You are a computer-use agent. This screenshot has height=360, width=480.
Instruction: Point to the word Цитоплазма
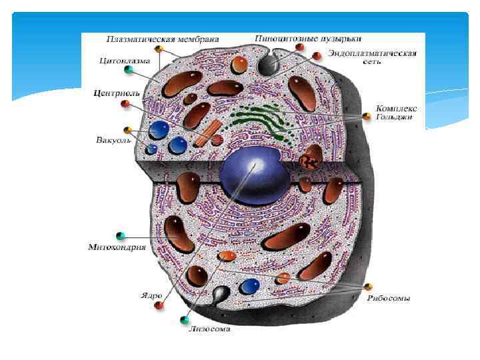click(x=124, y=60)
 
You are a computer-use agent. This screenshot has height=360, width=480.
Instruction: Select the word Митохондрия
click(x=117, y=247)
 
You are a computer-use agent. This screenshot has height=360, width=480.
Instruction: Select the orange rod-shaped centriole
click(x=207, y=133)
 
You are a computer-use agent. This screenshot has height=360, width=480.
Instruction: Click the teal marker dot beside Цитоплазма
click(x=128, y=70)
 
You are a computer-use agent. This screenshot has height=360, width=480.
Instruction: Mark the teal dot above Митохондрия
click(x=121, y=235)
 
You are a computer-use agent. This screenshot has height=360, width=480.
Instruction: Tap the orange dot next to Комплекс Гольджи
click(x=366, y=117)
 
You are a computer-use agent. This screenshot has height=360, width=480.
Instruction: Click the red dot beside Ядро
click(x=159, y=305)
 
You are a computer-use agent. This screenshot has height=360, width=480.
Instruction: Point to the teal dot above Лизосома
click(x=185, y=320)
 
